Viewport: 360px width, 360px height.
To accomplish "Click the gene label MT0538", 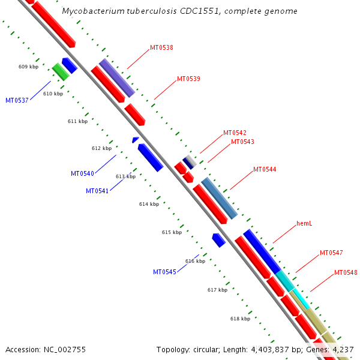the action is (x=161, y=47).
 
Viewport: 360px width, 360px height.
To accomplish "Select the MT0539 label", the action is (x=188, y=79).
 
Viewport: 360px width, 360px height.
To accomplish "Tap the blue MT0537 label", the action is (x=17, y=100).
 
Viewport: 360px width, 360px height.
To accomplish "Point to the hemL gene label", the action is (x=304, y=224).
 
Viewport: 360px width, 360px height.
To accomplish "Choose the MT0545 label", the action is (x=164, y=272).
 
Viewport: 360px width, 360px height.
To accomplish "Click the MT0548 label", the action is (x=346, y=272).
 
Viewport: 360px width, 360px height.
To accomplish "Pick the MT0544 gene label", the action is (x=265, y=169).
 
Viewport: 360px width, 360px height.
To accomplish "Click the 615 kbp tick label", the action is (x=172, y=232).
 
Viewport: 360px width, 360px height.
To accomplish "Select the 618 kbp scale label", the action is (x=240, y=319).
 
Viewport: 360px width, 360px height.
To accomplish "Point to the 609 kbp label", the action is (x=28, y=67).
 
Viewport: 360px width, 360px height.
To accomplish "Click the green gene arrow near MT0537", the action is (x=60, y=72).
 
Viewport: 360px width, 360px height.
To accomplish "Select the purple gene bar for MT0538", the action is (x=116, y=77).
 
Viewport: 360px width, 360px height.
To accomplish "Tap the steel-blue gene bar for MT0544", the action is (x=219, y=197).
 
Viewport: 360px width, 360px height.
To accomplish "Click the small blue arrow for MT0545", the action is (x=218, y=240).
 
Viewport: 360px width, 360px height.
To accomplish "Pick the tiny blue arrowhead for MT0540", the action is (x=136, y=140).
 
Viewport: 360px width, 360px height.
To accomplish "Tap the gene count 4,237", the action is (x=343, y=349).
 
